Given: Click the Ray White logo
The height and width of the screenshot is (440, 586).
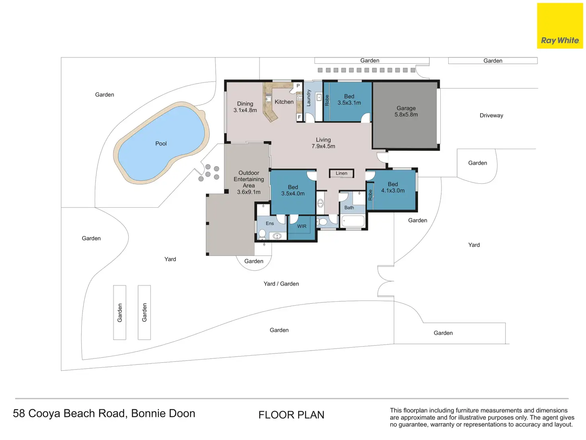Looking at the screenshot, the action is pos(560,26).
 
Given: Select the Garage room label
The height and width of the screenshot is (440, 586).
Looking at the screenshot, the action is pos(406,111).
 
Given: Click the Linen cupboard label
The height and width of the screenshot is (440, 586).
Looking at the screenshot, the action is pos(341,173).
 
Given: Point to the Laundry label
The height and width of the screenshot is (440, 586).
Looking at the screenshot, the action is pos(309,98).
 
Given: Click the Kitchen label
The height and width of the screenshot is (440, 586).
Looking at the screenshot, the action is pos(284,102).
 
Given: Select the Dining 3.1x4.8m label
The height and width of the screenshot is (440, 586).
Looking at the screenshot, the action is pos(245,107).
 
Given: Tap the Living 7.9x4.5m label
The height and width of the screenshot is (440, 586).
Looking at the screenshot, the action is pos(323,143).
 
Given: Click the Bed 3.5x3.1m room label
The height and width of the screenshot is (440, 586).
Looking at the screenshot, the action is pos(349,100).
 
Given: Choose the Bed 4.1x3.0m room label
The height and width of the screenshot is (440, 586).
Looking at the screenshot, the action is pos(393,187).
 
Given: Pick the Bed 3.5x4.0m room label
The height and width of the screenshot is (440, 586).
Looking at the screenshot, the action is pos(293,191).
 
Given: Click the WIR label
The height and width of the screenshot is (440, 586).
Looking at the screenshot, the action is pos(302,226).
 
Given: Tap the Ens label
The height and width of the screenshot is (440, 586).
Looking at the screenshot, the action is pos(270,224).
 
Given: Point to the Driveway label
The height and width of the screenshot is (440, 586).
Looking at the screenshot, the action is pos(491,116).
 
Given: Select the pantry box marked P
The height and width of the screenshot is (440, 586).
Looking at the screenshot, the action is pos(298,86).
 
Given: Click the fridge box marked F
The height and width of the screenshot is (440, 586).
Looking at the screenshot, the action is pos(299,117).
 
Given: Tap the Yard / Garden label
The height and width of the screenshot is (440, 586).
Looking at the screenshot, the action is pos(281,284).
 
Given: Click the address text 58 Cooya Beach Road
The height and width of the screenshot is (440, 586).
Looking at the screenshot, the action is pos(104,413).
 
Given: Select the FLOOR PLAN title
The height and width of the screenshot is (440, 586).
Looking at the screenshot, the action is pos(291,415).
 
